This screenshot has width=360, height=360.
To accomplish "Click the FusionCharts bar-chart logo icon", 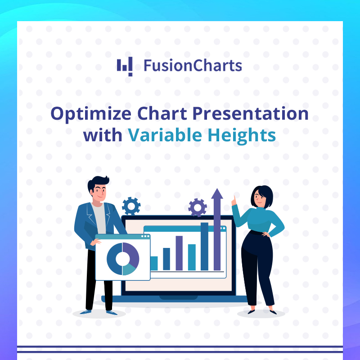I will pos(125,66).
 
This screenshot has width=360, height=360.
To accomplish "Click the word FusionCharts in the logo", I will pos(193,66).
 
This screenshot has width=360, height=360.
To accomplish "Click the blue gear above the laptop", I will pos(131,206).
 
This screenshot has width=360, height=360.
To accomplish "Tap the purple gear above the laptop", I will pos(198,207).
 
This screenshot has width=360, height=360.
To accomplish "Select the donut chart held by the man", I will pos(123,259).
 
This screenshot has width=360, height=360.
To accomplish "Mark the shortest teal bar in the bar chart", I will pos(154,263).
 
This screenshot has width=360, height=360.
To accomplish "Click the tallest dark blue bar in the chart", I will pos(204,246).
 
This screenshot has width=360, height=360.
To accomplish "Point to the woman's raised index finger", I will pos(233,198).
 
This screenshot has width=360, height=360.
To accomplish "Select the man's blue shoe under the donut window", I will pos(111,311).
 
